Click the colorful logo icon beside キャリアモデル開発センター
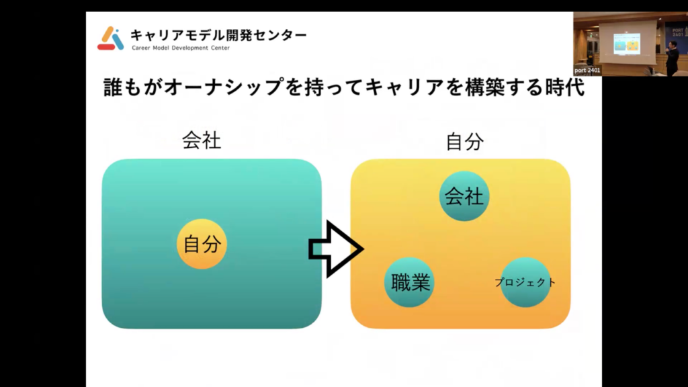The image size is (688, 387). click(110, 38)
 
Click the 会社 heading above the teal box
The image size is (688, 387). click(202, 140)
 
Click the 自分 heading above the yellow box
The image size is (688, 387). click(465, 140)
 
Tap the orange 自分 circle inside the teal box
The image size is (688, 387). click(202, 244)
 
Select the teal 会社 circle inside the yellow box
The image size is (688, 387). click(464, 196)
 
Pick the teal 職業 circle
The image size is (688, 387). click(409, 282)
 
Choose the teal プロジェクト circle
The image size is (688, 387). click(525, 282)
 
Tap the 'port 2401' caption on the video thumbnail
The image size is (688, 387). click(588, 70)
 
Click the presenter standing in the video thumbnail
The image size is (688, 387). click(672, 58)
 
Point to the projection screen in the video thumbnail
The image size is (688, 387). click(627, 42)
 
